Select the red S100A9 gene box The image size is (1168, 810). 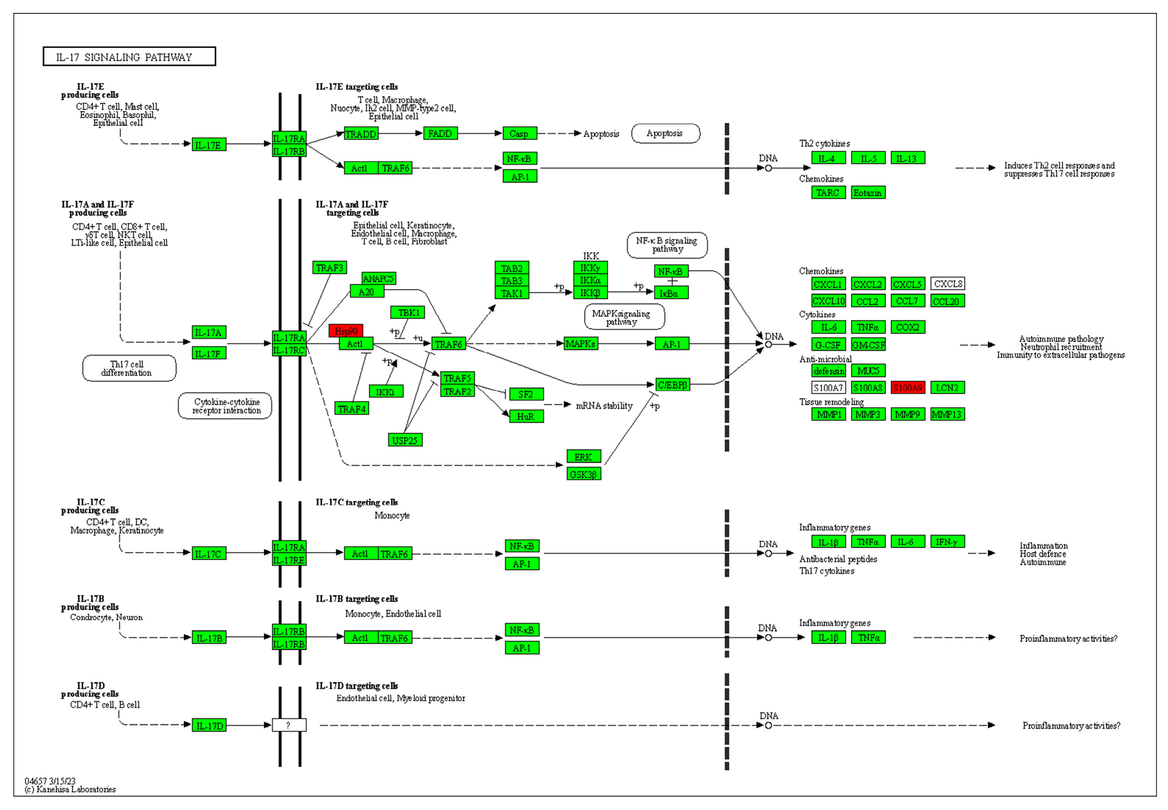907,388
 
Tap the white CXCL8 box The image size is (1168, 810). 947,284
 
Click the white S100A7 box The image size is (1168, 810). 828,388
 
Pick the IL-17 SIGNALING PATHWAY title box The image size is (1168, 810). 129,56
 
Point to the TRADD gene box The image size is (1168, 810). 360,133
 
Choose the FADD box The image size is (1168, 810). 440,133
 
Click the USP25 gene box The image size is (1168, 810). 405,440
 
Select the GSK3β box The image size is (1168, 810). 583,474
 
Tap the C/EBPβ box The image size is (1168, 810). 672,385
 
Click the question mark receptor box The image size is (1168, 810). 288,725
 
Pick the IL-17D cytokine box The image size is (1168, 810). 209,725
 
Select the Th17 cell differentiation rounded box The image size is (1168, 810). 129,368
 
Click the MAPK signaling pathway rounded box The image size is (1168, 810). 624,317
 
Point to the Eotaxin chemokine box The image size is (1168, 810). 868,193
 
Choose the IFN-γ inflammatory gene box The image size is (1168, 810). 947,542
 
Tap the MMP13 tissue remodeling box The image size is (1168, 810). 947,414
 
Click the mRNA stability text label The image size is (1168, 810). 604,405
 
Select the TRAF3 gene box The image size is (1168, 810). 329,267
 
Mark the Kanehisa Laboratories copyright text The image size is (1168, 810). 71,789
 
